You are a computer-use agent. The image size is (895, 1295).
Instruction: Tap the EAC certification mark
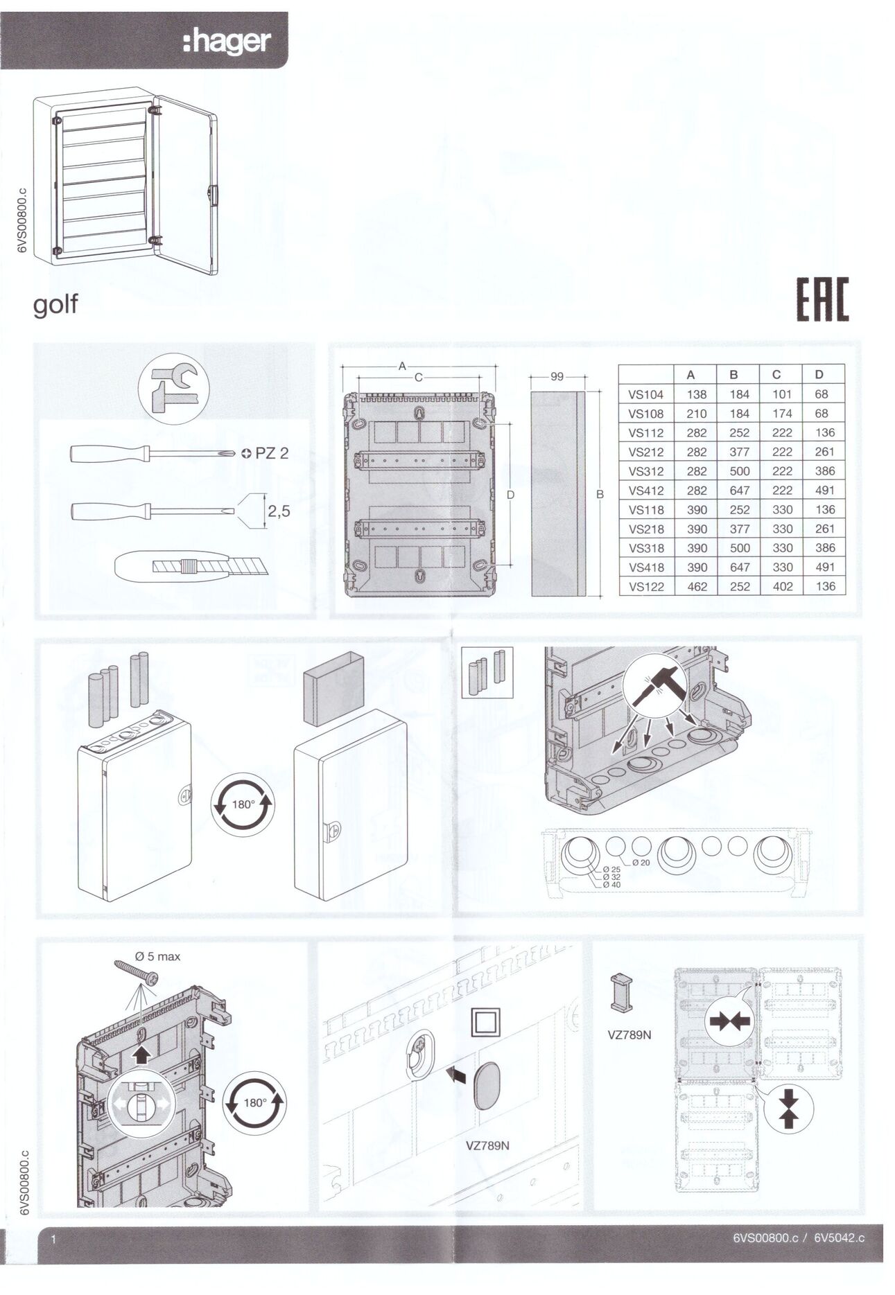[822, 299]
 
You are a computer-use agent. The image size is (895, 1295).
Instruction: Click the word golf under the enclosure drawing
[55, 305]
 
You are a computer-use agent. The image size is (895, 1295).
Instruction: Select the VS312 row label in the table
[645, 471]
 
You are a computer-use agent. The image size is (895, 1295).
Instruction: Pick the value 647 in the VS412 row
[740, 491]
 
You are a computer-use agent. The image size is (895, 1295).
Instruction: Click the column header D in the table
[819, 374]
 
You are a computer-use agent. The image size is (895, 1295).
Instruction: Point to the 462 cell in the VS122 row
[697, 586]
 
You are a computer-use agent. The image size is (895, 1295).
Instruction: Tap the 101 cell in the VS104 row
[782, 394]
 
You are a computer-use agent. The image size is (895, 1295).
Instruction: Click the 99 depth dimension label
[557, 376]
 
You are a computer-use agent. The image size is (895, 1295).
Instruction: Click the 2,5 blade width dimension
[279, 511]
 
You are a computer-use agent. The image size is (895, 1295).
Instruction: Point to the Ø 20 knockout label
[641, 863]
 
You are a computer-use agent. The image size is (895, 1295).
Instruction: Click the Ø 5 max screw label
[158, 956]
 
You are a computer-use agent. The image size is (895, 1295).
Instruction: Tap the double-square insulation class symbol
[485, 1022]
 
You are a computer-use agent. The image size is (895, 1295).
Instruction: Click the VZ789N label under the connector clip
[629, 1034]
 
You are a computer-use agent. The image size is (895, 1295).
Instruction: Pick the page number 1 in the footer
[53, 1240]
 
